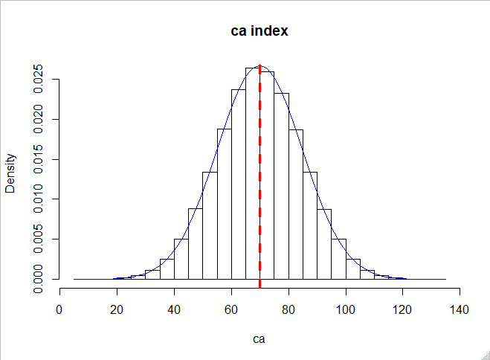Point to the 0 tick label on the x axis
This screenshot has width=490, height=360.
(x=60, y=309)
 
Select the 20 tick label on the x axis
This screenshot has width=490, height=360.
(x=117, y=309)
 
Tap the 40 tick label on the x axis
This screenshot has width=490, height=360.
(x=174, y=309)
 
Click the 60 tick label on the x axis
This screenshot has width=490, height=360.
(x=231, y=309)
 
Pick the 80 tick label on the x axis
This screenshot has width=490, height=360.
(x=288, y=309)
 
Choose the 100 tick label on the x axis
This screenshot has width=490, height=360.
(x=346, y=309)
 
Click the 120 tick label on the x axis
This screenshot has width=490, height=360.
(x=402, y=309)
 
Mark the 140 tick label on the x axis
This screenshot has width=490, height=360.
(x=460, y=309)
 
